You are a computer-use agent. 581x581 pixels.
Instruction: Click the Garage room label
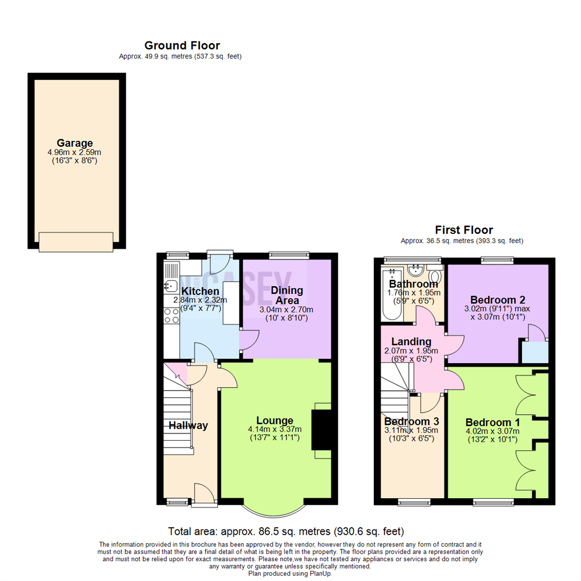click(76, 143)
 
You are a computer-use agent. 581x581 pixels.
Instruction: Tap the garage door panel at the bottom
click(76, 242)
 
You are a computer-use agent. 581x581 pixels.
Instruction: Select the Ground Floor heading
click(182, 46)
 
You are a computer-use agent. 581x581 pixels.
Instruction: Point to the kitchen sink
click(172, 286)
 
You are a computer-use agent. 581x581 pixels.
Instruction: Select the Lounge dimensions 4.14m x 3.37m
click(275, 429)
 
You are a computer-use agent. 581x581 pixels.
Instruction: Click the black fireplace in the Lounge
click(322, 429)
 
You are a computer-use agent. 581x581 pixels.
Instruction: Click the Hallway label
click(188, 426)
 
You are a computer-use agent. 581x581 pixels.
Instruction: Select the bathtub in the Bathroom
click(387, 293)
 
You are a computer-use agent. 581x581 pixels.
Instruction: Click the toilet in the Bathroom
click(436, 277)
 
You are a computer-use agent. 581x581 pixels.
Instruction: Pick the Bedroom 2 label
click(497, 300)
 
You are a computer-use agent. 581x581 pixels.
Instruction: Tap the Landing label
click(411, 342)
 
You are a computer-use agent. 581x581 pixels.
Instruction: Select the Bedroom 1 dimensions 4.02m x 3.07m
click(492, 431)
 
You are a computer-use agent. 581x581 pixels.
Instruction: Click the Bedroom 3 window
click(414, 502)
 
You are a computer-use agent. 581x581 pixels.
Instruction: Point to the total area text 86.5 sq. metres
click(286, 532)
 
